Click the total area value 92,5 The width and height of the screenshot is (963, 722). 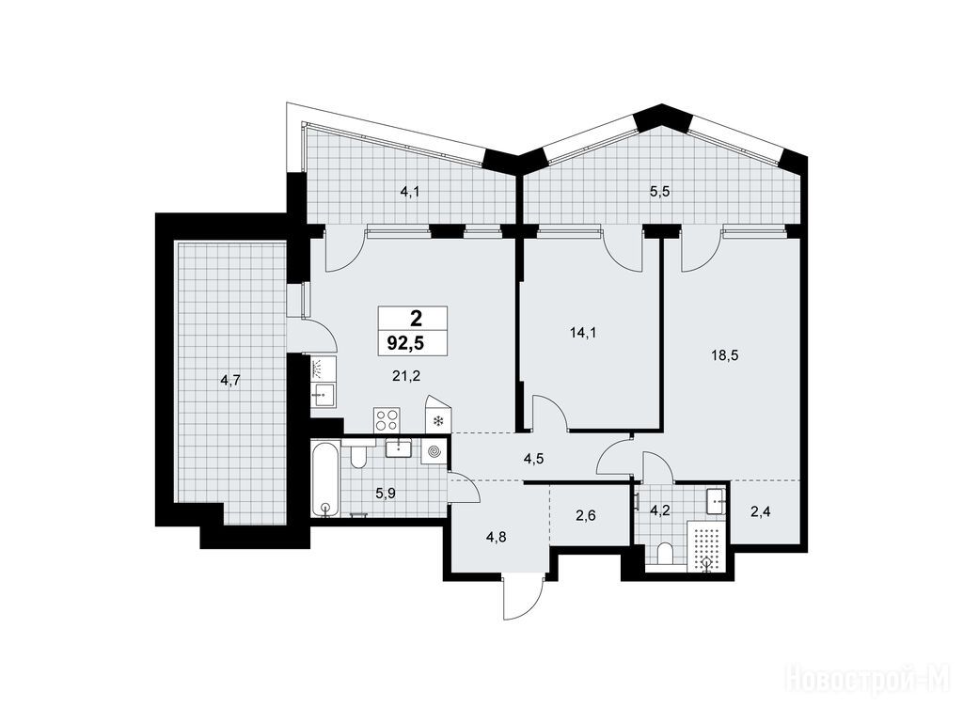coord(404,342)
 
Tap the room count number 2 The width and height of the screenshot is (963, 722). coord(416,318)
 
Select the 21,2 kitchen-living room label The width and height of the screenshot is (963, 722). coord(406,376)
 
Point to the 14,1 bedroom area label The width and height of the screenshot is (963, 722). coord(583,334)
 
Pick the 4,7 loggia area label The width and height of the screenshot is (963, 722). coord(230,381)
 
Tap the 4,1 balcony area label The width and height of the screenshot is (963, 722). coord(410,192)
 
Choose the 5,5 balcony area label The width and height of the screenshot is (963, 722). coord(659,192)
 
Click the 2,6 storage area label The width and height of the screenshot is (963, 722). coord(585,516)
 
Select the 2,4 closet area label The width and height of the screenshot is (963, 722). coord(760,510)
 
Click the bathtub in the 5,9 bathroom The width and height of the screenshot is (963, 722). coord(324,478)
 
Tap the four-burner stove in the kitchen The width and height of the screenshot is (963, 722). coord(387,419)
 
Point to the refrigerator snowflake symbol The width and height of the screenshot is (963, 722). coord(438,421)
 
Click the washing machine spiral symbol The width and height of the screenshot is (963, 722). coord(434,452)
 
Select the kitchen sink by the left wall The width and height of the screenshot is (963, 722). coord(323,394)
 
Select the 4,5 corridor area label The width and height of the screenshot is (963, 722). coord(534,458)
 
